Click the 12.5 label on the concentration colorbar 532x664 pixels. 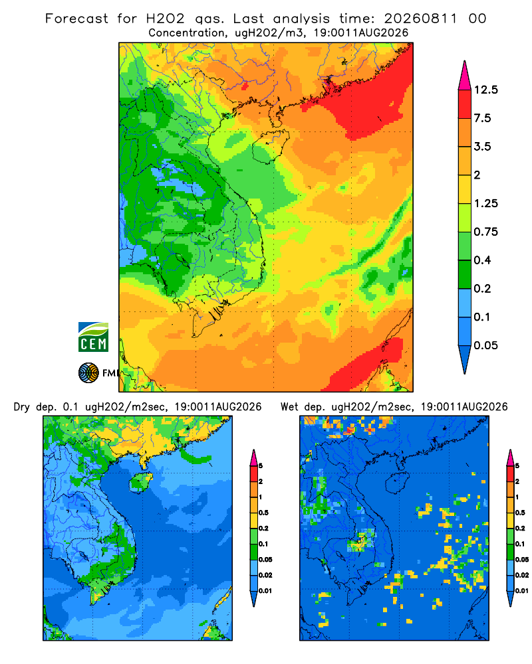pyautogui.click(x=485, y=90)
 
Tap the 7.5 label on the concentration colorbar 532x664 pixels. pyautogui.click(x=482, y=118)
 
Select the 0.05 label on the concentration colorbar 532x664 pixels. pyautogui.click(x=485, y=345)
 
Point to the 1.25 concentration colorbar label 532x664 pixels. pyautogui.click(x=485, y=203)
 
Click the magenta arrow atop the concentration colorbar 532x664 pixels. pyautogui.click(x=465, y=76)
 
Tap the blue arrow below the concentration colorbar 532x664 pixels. pyautogui.click(x=465, y=359)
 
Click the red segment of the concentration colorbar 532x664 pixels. pyautogui.click(x=465, y=104)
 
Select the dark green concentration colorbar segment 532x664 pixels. pyautogui.click(x=465, y=274)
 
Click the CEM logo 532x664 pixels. pyautogui.click(x=93, y=337)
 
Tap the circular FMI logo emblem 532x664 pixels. pyautogui.click(x=88, y=373)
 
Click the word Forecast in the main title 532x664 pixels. pyautogui.click(x=76, y=19)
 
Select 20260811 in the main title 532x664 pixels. pyautogui.click(x=420, y=19)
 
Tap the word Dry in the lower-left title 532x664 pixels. pyautogui.click(x=22, y=407)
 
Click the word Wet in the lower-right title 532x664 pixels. pyautogui.click(x=290, y=407)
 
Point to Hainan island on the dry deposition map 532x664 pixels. pyautogui.click(x=142, y=483)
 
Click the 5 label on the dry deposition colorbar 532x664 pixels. pyautogui.click(x=261, y=466)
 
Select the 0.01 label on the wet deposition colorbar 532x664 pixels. pyautogui.click(x=522, y=591)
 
